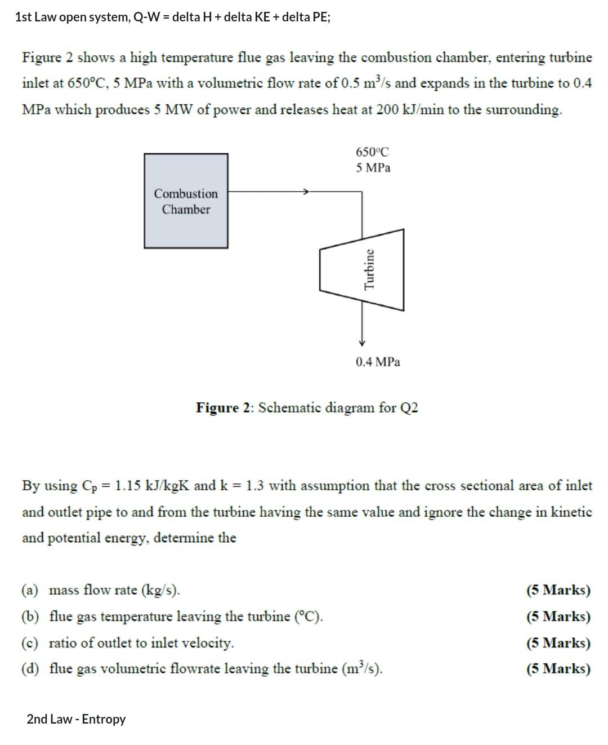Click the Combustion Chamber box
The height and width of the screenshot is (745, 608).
(186, 201)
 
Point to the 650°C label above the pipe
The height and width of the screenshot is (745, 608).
(372, 152)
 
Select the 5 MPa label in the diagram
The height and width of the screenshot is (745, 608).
(373, 167)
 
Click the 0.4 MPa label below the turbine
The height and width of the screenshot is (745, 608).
(378, 362)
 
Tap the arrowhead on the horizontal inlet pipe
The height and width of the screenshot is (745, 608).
(306, 192)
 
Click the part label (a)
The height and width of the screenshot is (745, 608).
(30, 590)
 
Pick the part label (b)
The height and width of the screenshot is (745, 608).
(30, 617)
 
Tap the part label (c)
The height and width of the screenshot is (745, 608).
(30, 643)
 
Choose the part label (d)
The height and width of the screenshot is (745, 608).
(30, 669)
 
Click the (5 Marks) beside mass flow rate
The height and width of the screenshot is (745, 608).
(558, 590)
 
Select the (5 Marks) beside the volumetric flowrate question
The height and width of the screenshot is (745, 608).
(558, 669)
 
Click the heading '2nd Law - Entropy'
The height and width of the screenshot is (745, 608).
(76, 719)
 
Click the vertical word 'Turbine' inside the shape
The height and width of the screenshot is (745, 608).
(369, 269)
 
